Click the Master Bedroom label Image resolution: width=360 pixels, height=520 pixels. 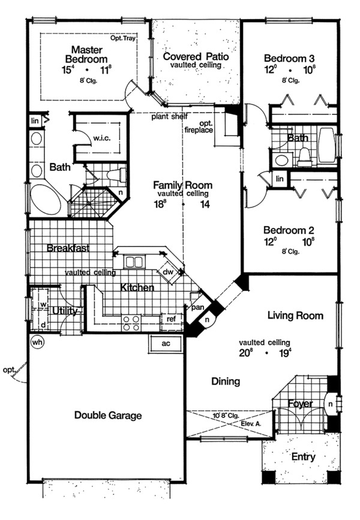pyautogui.click(x=86, y=55)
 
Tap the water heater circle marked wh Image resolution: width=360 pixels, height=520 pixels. pyautogui.click(x=37, y=342)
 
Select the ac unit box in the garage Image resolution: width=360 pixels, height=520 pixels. pyautogui.click(x=166, y=343)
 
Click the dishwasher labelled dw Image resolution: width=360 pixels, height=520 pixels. pyautogui.click(x=168, y=272)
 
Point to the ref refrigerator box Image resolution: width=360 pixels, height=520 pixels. pyautogui.click(x=171, y=320)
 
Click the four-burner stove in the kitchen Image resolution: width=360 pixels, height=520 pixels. pyautogui.click(x=131, y=323)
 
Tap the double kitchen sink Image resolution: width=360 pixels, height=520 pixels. pyautogui.click(x=134, y=261)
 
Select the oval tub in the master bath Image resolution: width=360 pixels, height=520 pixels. pyautogui.click(x=46, y=200)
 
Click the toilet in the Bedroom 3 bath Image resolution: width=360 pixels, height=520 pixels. pyautogui.click(x=305, y=157)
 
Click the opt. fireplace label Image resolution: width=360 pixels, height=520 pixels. pyautogui.click(x=199, y=127)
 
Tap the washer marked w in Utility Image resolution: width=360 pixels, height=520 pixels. pyautogui.click(x=43, y=303)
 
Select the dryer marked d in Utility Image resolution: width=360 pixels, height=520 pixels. pyautogui.click(x=43, y=324)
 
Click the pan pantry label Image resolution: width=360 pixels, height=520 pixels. pyautogui.click(x=198, y=308)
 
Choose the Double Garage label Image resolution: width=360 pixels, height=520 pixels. pyautogui.click(x=108, y=415)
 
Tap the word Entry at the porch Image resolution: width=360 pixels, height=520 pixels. pyautogui.click(x=303, y=457)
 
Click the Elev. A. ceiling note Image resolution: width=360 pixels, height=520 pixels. pyautogui.click(x=251, y=423)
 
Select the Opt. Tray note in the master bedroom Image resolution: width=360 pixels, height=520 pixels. pyautogui.click(x=123, y=38)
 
